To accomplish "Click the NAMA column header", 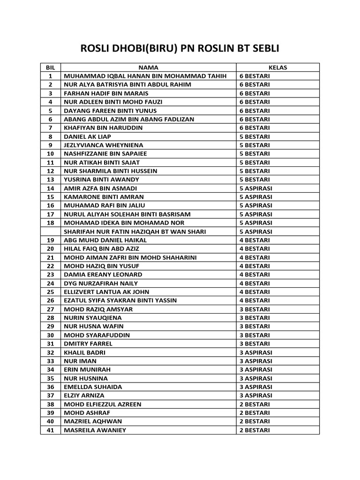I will [148, 67].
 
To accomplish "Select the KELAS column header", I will [277, 67].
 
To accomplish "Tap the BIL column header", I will [51, 67].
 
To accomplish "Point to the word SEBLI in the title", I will [263, 49].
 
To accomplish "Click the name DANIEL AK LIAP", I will [88, 136].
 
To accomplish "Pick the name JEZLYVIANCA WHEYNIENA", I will [104, 145].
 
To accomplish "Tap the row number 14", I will [51, 188].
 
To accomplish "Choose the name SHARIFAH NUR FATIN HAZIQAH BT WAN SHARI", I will [135, 232].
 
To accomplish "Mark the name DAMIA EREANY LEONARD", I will [103, 275].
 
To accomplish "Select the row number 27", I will [51, 309].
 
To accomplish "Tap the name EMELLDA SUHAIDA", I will [93, 387].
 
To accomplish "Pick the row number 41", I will [51, 430].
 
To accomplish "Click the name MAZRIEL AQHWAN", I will [93, 421].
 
